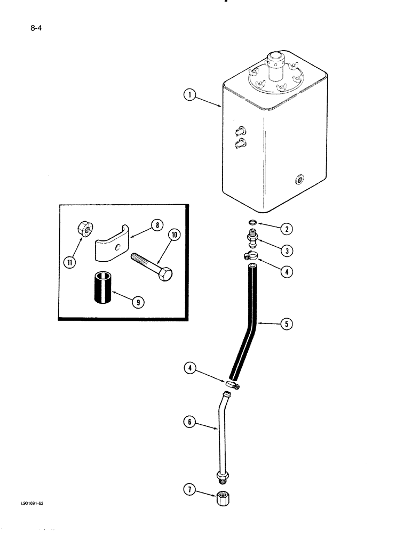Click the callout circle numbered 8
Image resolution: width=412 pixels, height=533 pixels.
pos(156,225)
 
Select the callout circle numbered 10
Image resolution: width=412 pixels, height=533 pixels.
pos(174,235)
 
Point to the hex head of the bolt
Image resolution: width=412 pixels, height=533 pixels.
pos(164,276)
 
